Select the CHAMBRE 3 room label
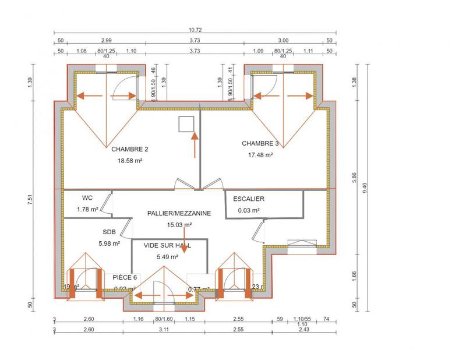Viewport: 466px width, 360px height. click(260, 143)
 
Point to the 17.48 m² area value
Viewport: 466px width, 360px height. click(260, 155)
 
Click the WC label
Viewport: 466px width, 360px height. click(87, 197)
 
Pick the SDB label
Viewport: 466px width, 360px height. click(109, 231)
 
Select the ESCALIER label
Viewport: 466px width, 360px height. click(249, 199)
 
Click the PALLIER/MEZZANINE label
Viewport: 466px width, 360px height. click(179, 214)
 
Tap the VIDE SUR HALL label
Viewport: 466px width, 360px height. click(167, 246)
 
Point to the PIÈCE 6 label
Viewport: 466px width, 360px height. click(125, 277)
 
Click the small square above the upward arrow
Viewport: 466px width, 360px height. click(186, 123)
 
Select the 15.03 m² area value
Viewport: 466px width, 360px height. click(179, 224)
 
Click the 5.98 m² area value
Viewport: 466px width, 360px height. click(109, 243)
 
